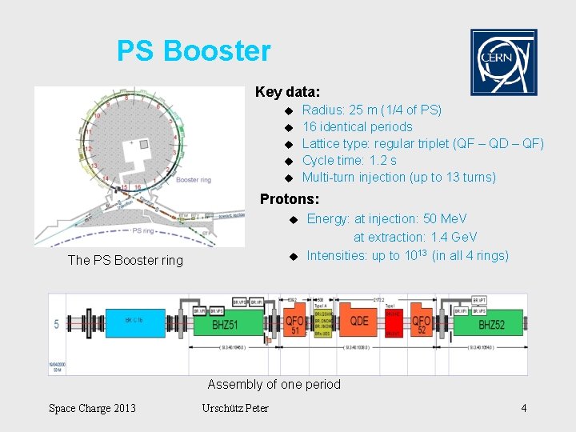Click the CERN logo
[503, 62]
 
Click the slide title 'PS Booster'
[194, 51]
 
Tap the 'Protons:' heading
[290, 198]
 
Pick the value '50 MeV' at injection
[445, 218]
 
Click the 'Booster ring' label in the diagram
[193, 180]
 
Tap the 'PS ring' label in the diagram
[142, 230]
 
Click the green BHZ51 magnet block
[235, 326]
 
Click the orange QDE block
[359, 321]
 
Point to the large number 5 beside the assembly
[56, 325]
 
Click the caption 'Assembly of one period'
[274, 385]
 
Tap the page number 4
[524, 409]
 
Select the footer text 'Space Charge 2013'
[92, 409]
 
